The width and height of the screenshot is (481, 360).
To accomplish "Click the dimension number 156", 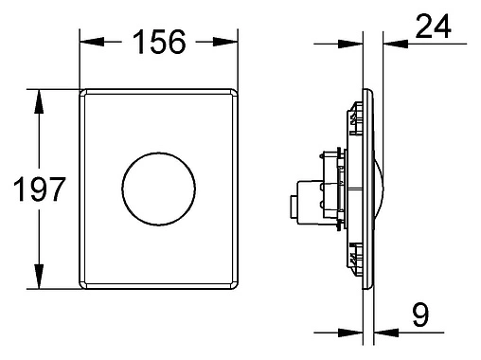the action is pos(159,42).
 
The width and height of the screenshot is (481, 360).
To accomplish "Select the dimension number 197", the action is pos(40,189).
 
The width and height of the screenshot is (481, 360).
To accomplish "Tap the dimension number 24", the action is pos(434,27).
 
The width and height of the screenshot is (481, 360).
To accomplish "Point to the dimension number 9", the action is pos(420,315).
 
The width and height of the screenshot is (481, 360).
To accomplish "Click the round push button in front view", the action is pos(159,189).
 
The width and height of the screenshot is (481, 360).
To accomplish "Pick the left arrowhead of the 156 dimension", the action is pos(92,42).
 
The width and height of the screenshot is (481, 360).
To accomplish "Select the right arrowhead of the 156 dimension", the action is pos(225,42).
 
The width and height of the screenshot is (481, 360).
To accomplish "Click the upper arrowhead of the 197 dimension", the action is pos(39,101).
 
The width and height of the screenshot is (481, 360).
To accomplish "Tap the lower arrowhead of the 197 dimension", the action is pos(39,277).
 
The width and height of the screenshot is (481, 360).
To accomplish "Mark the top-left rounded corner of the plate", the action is pos(82,93).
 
